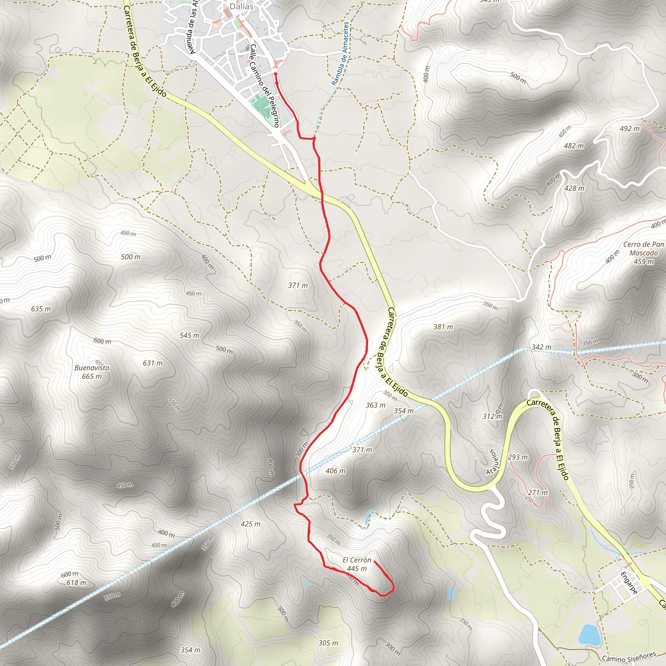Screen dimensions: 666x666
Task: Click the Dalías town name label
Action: click(241, 6)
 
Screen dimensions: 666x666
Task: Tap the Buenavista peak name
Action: click(92, 368)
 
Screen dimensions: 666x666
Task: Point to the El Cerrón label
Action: click(357, 560)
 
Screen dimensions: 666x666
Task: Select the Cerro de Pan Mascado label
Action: click(643, 248)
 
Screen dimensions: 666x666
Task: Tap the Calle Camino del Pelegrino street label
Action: click(264, 86)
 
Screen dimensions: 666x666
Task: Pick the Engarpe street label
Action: click(628, 583)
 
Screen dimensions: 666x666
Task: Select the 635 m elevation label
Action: click(41, 309)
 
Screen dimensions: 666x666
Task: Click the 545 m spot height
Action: click(189, 335)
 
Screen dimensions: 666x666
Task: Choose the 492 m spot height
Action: click(630, 128)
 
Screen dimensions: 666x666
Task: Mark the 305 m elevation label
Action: click(328, 643)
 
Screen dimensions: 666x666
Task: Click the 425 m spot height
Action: click(251, 524)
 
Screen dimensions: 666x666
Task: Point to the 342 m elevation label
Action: click(541, 347)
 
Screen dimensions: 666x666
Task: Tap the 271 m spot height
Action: click(538, 492)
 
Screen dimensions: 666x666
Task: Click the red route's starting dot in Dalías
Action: click(276, 74)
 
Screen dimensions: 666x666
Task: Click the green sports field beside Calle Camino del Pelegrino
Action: click(261, 106)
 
